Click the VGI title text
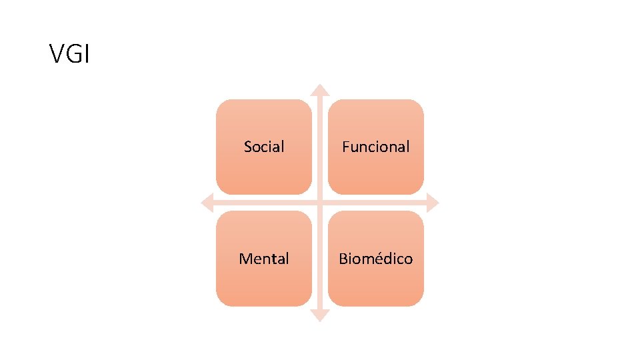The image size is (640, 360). coord(69,54)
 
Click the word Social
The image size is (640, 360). coord(264,147)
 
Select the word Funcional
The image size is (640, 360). coord(376,147)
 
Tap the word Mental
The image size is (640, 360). coord(264,259)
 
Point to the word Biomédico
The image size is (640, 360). coord(376,259)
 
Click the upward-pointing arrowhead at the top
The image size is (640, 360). coord(321,89)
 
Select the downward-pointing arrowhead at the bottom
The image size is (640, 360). coord(321,315)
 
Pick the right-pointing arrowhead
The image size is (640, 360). coord(433,203)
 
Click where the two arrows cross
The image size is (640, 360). coord(321,203)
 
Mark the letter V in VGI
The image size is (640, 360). coord(56,54)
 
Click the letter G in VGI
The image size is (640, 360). coord(72,54)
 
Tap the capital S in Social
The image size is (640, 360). coord(248,147)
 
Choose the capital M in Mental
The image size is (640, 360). coord(245,259)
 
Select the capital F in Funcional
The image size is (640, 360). coord(345,147)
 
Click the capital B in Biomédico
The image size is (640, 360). coord(343,259)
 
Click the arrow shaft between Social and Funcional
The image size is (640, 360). coord(321,147)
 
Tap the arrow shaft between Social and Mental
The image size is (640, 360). coord(264,203)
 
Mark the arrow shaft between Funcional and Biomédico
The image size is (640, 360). coord(376,203)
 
